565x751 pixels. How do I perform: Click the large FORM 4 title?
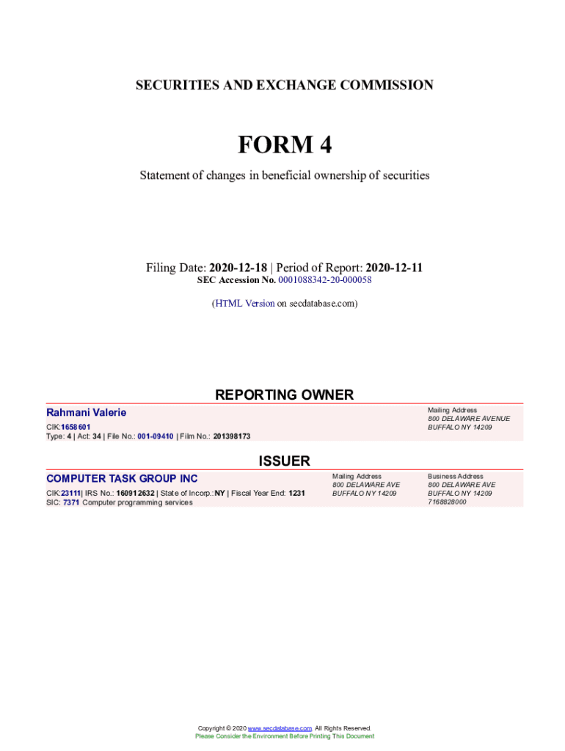284,145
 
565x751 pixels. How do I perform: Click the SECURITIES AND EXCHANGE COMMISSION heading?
284,85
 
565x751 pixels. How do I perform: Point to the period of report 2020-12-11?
394,268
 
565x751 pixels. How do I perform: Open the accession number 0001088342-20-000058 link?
325,280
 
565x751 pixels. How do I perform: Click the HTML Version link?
244,303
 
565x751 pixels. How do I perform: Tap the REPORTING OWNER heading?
284,395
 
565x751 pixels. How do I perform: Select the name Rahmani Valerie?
86,413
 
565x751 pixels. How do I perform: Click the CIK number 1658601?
76,427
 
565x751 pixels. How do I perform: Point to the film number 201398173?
232,436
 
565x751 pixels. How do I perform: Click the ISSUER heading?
284,461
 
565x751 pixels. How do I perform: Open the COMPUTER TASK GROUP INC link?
122,479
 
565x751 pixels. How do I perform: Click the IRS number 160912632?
136,494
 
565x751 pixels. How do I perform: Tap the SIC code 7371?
71,502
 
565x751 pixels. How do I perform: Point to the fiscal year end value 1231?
296,494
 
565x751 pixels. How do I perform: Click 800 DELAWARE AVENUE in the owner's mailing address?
469,419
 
